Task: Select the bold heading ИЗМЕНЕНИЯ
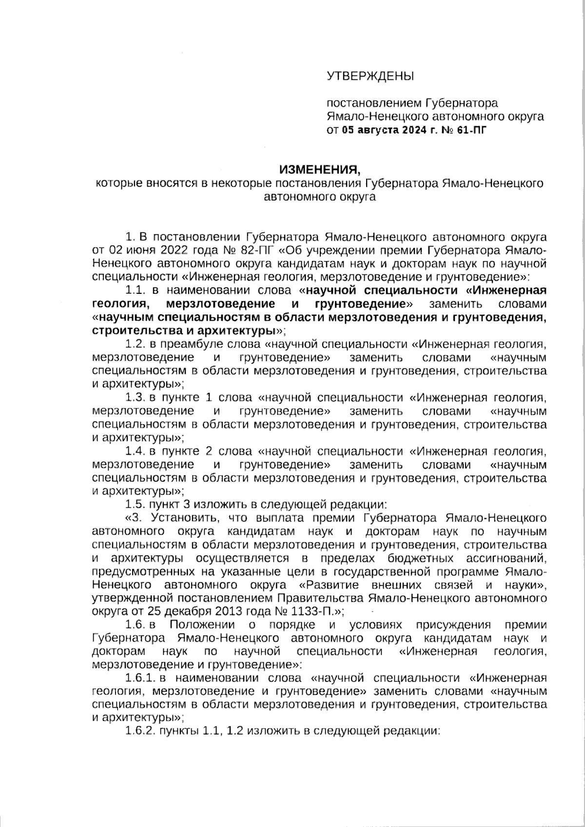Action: pyautogui.click(x=319, y=170)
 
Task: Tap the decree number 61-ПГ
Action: pyautogui.click(x=472, y=130)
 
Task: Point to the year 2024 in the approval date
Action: pyautogui.click(x=413, y=130)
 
